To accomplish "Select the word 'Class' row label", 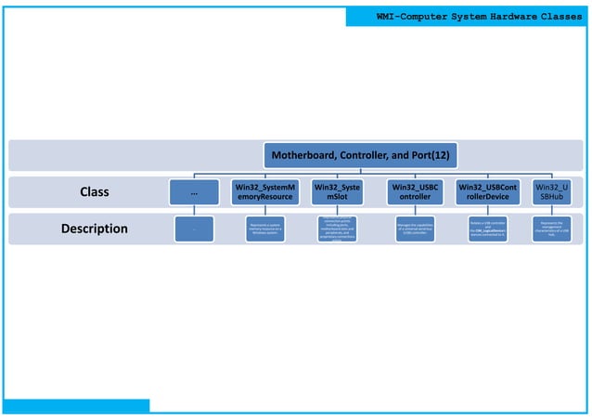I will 94,192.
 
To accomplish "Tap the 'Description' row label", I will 94,229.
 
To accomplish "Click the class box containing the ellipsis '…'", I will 193,192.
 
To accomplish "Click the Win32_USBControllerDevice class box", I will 488,192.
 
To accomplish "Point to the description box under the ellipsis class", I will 193,229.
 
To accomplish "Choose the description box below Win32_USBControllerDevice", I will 488,229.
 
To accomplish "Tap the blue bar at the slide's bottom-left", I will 74,405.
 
